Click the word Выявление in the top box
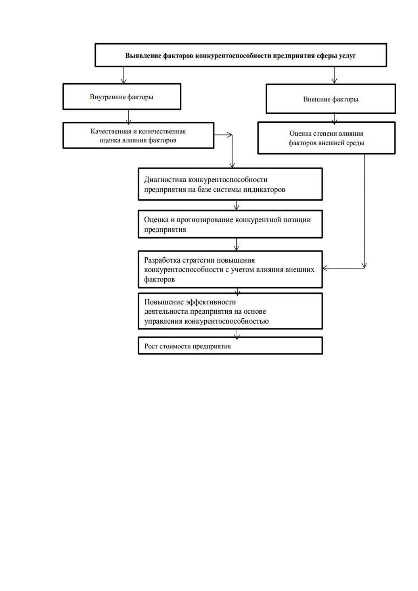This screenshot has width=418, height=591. coord(143,56)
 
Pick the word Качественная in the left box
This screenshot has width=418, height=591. coord(111,131)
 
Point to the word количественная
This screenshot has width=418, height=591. coord(162,131)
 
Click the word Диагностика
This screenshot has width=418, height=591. coord(165,180)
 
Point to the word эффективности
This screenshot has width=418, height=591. coord(211,302)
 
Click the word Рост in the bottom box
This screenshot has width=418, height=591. coord(151,346)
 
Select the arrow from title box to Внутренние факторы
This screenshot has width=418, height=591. coord(124,75)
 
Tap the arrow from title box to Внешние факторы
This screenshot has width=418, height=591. coord(334,75)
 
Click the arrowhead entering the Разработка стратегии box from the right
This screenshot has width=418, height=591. coord(325,268)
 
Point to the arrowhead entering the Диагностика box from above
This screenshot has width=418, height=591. coord(232,165)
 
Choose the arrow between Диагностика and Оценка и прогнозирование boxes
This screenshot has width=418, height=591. coord(237,205)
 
